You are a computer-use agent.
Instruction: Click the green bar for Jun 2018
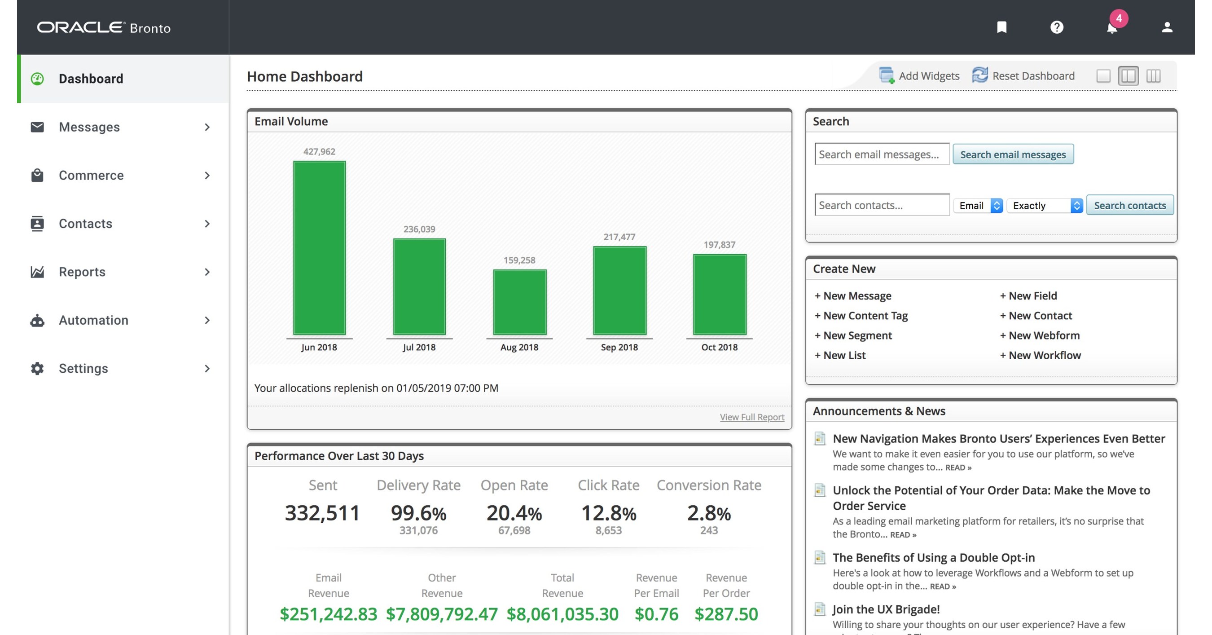click(x=319, y=247)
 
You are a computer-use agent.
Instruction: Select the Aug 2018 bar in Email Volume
click(x=519, y=302)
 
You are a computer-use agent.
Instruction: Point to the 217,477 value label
click(x=619, y=237)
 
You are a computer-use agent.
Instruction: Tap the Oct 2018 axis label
click(x=719, y=347)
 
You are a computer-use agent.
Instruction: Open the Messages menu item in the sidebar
click(x=89, y=127)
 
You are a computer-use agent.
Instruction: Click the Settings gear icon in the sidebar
click(x=37, y=369)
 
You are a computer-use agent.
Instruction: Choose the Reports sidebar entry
click(x=82, y=272)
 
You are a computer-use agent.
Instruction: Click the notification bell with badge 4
click(x=1112, y=27)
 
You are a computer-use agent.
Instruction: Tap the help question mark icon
click(x=1057, y=27)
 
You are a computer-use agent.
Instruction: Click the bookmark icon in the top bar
click(x=1001, y=27)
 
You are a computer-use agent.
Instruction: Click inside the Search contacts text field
click(x=882, y=205)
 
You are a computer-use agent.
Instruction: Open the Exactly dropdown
click(x=1045, y=205)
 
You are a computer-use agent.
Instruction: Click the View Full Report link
click(x=752, y=417)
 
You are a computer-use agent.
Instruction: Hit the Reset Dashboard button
click(x=1024, y=76)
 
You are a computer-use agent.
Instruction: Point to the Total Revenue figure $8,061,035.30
click(x=562, y=614)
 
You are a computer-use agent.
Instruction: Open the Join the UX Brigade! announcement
click(x=886, y=609)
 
